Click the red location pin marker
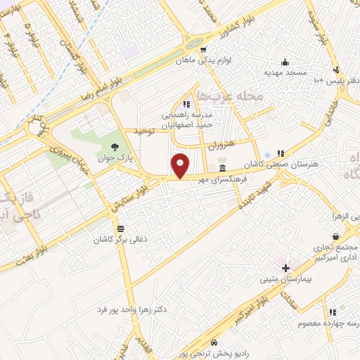tap(181, 165)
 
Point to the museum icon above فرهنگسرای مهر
tap(222, 169)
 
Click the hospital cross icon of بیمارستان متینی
tap(285, 268)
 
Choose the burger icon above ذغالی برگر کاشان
tap(121, 229)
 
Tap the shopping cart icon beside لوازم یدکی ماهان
tap(203, 50)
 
